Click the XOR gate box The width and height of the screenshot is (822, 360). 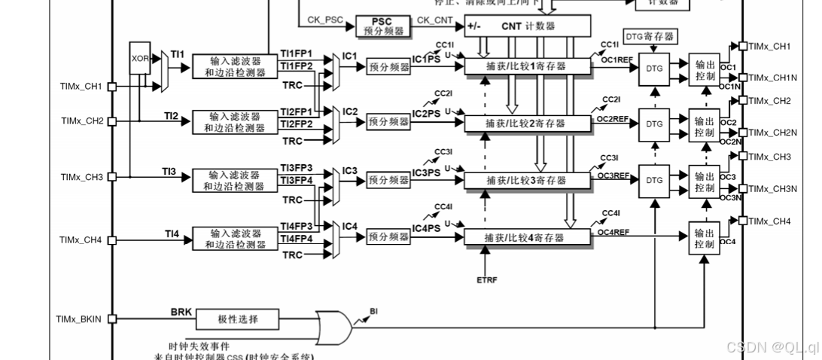pos(140,58)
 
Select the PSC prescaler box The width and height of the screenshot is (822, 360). pos(384,26)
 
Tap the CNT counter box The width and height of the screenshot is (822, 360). pos(527,26)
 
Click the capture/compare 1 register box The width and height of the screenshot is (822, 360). pos(525,66)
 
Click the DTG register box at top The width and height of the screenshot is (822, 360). pos(649,35)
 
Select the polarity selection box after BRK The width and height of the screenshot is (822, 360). pos(237,319)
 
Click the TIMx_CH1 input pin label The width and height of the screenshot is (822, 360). pos(81,87)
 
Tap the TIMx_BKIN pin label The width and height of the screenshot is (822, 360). pos(80,319)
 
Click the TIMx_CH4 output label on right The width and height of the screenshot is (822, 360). pos(769,221)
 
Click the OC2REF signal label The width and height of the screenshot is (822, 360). pos(612,118)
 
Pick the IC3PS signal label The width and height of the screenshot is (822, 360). pos(427,172)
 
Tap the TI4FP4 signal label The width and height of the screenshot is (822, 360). pos(296,239)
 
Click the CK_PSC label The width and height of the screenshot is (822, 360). pos(324,20)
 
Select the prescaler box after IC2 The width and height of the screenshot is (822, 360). pos(389,122)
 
